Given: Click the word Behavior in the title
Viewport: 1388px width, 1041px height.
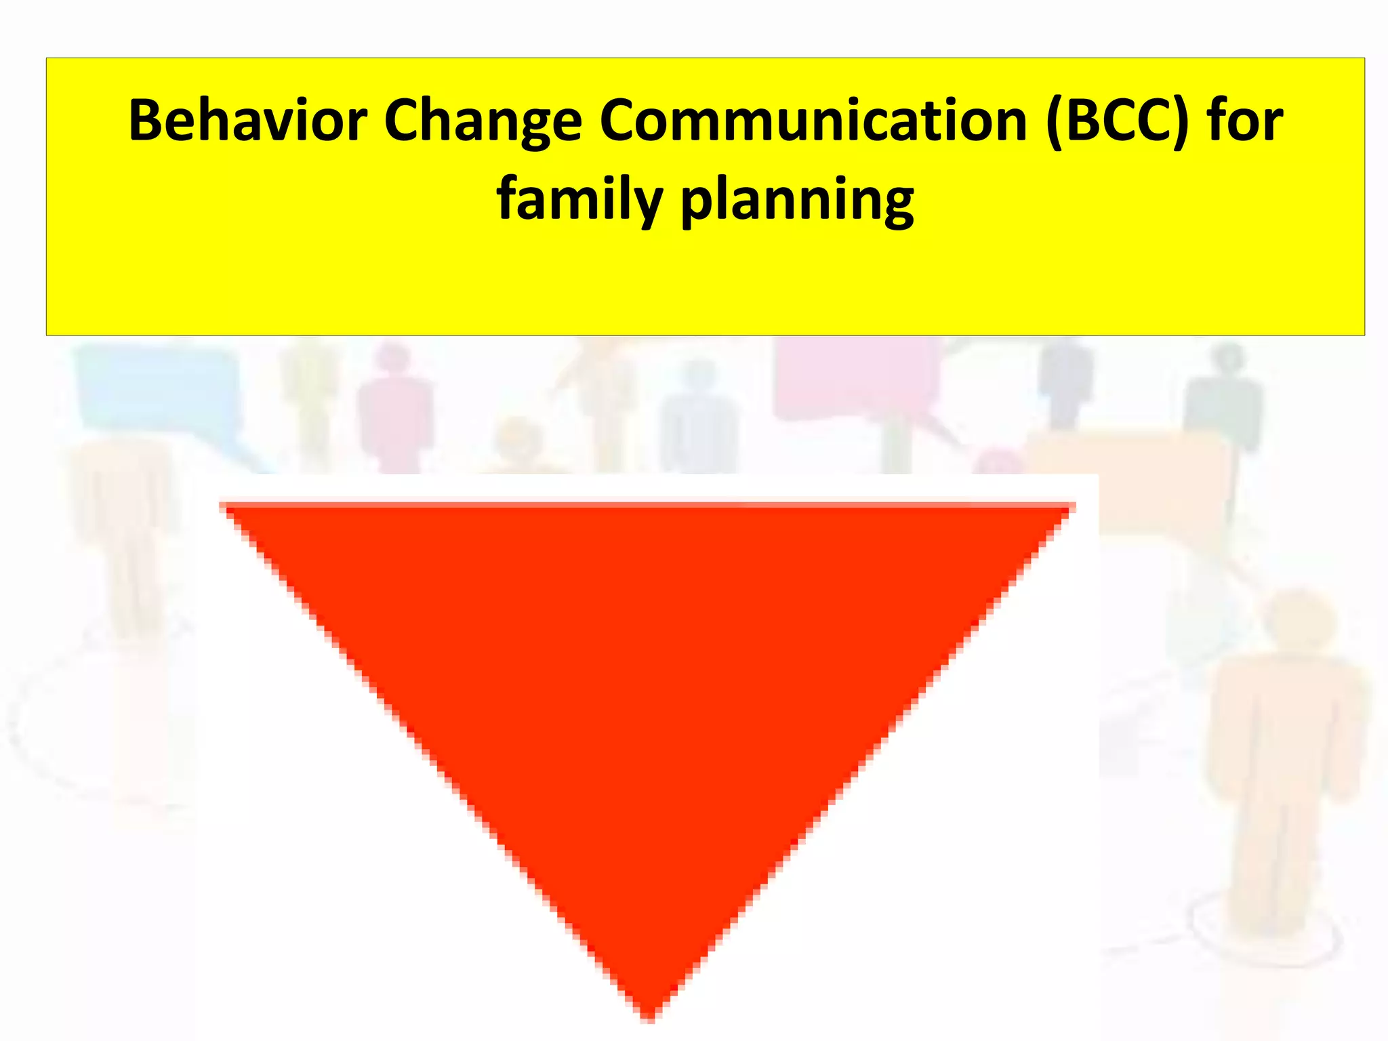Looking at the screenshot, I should click(248, 121).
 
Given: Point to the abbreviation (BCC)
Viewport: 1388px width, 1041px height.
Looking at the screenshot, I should click(1117, 121).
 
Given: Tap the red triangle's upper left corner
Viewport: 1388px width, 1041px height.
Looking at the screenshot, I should click(224, 507).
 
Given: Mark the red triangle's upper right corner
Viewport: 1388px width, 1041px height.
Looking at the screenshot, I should click(1072, 507).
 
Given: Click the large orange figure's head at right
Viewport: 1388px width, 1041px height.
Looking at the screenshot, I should click(1298, 620).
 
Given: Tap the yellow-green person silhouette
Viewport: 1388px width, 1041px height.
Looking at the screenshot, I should click(308, 400).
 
